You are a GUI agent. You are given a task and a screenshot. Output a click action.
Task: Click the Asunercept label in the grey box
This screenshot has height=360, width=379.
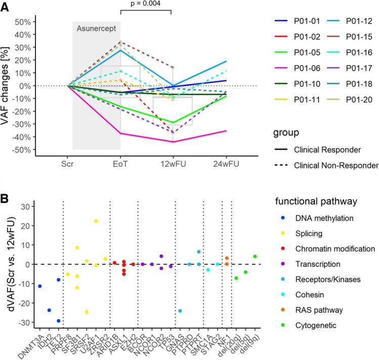(x=97, y=29)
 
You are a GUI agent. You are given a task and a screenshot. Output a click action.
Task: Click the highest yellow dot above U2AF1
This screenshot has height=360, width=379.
(x=96, y=221)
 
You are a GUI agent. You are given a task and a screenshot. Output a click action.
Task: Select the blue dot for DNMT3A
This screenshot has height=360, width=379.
(x=40, y=286)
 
